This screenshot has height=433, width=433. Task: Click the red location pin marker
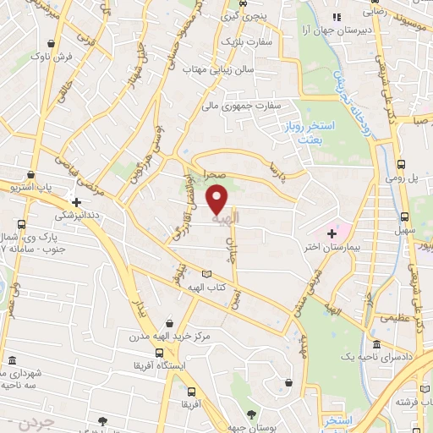218,199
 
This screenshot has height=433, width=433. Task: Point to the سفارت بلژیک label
243,41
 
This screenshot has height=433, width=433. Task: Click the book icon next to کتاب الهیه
208,274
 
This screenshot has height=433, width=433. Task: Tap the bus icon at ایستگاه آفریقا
158,354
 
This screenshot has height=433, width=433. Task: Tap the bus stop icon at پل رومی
401,165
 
